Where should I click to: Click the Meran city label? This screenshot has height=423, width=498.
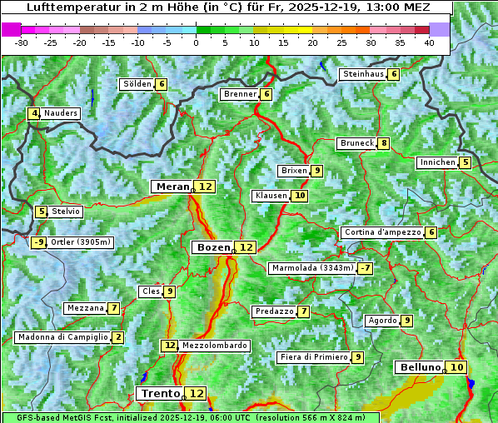tap(172, 187)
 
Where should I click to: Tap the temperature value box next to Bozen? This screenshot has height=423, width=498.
tap(246, 247)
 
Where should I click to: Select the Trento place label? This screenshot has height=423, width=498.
tap(160, 393)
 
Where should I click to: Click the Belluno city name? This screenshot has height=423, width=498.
tap(420, 367)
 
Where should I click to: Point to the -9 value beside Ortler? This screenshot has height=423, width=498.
tap(38, 242)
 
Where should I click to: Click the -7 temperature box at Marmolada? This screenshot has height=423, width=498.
tap(365, 268)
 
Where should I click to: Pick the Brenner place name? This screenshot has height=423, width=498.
tap(240, 94)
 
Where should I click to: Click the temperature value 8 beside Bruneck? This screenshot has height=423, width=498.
tap(383, 143)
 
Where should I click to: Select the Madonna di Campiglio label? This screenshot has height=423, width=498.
tap(62, 337)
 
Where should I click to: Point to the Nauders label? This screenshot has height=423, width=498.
tap(61, 113)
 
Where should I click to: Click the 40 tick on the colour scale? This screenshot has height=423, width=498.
tap(429, 42)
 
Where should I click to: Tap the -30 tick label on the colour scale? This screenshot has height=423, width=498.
tap(22, 42)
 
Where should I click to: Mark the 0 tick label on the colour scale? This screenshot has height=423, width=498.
tap(196, 42)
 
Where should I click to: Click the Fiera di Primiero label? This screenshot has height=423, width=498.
tap(313, 357)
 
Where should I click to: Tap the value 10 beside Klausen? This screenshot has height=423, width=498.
tap(300, 196)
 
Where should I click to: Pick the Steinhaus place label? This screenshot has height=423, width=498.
tap(363, 74)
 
